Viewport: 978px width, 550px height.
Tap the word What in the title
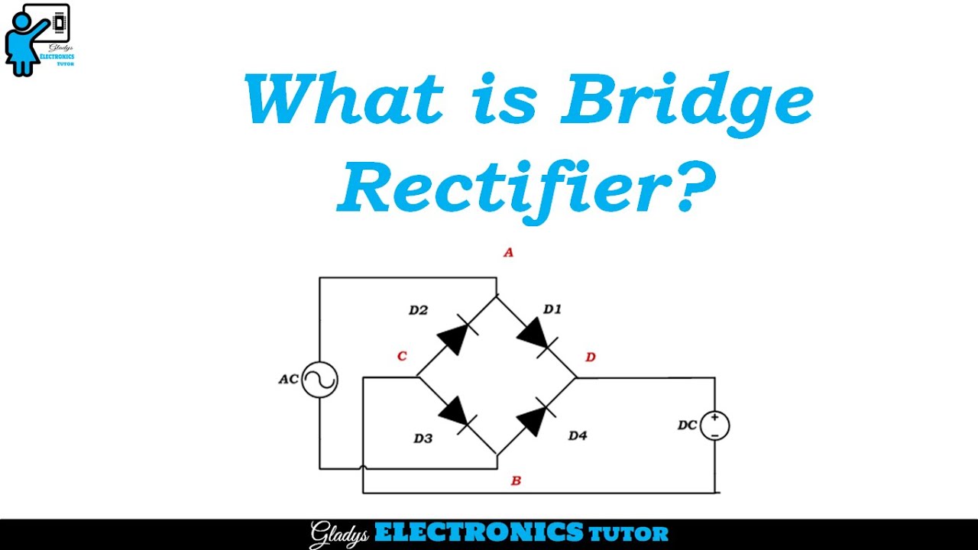point(344,100)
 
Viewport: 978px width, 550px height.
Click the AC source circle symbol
point(319,380)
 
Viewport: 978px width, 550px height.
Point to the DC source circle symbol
point(714,425)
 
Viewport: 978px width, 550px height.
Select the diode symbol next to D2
point(455,337)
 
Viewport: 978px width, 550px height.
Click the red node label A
point(508,253)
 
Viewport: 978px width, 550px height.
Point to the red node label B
point(516,480)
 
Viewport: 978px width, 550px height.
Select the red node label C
point(402,356)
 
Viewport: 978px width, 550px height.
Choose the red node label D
point(590,357)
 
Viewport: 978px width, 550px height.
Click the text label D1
point(552,309)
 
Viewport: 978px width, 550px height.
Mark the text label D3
point(423,438)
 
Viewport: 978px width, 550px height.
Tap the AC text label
point(288,379)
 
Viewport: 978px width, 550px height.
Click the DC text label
point(688,425)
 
